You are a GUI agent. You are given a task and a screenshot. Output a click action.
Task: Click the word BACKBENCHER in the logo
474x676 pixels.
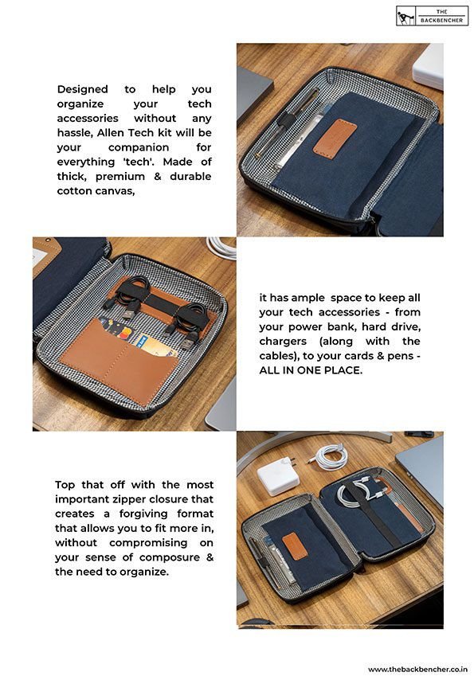coord(441,20)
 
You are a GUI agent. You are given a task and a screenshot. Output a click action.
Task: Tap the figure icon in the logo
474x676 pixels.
coord(405,17)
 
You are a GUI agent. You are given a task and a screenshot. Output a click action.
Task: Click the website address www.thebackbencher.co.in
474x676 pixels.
coord(417,669)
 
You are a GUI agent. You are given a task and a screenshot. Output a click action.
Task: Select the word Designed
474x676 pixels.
coord(82,89)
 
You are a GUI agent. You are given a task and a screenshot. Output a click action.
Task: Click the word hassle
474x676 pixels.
coord(74,133)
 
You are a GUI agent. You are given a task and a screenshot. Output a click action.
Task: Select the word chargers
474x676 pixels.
coord(283,342)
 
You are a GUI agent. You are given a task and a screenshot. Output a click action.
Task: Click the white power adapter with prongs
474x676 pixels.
coord(278,475)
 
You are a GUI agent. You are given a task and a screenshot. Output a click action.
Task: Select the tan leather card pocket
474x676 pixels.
coord(118,362)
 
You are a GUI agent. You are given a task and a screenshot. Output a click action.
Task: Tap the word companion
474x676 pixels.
coord(139,147)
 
